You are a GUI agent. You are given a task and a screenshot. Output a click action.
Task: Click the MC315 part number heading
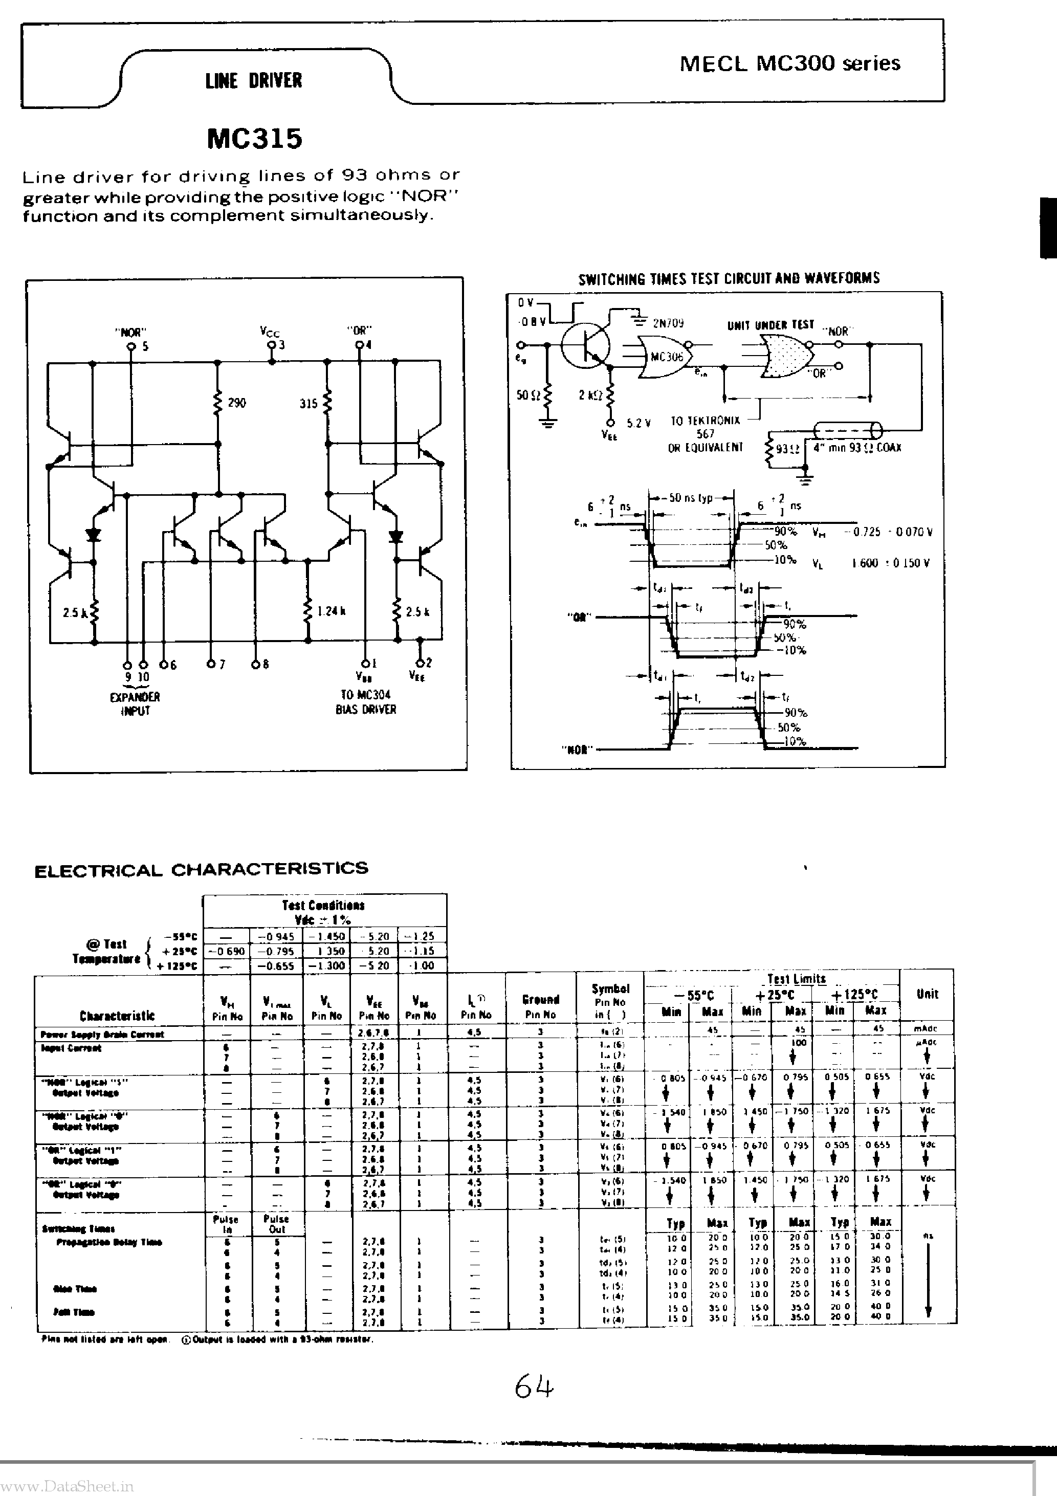point(254,139)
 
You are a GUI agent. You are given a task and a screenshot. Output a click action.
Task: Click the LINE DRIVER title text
point(253,81)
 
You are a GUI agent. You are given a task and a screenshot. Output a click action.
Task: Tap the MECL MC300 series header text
point(790,63)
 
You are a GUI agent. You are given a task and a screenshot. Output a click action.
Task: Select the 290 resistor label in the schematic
point(236,403)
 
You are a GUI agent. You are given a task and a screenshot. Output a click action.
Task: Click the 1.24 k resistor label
point(331,611)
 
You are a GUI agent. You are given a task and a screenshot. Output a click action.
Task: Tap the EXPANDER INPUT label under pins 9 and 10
point(135,703)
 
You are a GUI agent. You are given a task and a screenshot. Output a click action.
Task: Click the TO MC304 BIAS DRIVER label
point(366,702)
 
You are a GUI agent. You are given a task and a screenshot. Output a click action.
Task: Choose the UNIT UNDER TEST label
point(770,324)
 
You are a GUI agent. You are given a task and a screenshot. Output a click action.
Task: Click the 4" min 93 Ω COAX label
point(857,448)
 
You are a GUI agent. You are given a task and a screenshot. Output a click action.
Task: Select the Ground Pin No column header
point(540,1007)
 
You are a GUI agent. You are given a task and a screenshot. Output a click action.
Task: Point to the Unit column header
point(927,994)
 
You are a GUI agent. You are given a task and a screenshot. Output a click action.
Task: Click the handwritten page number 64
point(534,1388)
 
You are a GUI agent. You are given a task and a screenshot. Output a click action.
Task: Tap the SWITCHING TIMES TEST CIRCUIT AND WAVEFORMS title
point(729,279)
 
